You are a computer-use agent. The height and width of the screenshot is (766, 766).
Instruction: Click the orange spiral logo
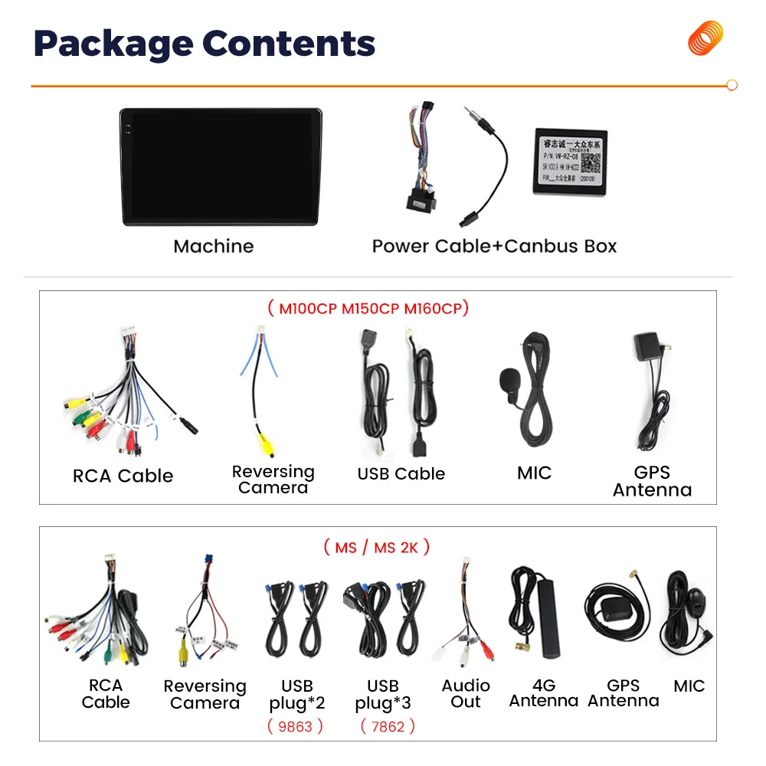pos(705,38)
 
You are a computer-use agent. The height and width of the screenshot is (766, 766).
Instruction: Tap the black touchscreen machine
pos(221,167)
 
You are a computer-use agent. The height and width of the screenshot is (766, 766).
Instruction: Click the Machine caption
pos(213,246)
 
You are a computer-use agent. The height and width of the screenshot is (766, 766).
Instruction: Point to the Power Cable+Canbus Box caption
pos(494,246)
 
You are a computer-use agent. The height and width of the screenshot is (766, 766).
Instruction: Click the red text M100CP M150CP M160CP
pos(368,309)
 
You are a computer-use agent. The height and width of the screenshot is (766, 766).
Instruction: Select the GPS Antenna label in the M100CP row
pos(652,481)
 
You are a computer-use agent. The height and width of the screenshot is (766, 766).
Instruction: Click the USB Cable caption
pos(401,474)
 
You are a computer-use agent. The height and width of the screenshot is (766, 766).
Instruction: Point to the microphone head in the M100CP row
pos(509,378)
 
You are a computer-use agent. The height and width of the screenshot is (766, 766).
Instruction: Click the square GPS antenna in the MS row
pos(613,611)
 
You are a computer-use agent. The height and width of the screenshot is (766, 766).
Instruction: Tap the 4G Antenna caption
pos(543,693)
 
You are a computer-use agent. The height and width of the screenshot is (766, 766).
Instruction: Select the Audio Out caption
pos(466,693)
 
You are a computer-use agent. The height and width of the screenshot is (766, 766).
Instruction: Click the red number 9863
pos(295,726)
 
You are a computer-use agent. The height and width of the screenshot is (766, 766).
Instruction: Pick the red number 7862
pos(387,726)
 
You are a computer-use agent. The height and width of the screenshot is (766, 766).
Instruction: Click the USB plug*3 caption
pos(383,694)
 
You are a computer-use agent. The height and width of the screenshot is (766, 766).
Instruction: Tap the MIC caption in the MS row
pos(689,686)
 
